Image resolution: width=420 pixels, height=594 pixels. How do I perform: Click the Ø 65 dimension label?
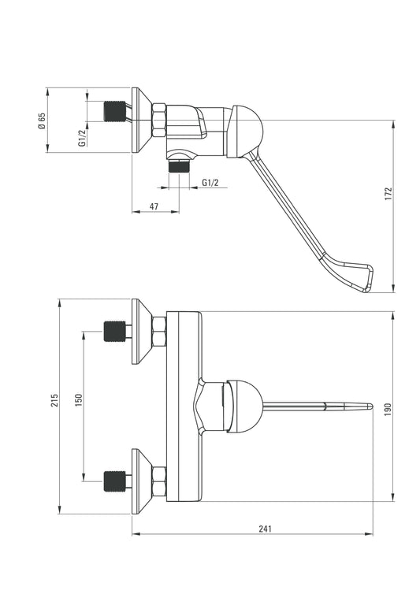[x=42, y=121]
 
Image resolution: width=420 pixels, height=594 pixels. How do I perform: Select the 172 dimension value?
[x=388, y=194]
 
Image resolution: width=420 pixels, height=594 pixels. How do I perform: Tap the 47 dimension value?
[x=154, y=206]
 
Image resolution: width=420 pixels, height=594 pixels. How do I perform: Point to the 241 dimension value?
[x=266, y=529]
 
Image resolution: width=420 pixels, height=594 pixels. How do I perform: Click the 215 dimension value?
[x=55, y=400]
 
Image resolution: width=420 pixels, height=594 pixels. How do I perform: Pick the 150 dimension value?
[x=79, y=400]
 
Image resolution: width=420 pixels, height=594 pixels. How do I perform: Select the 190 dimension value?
[x=388, y=410]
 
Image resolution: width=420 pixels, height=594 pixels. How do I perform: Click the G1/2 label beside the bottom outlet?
[x=210, y=183]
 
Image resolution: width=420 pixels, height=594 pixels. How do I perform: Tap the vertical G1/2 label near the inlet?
[x=81, y=138]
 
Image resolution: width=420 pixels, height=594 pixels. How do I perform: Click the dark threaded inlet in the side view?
[x=115, y=111]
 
